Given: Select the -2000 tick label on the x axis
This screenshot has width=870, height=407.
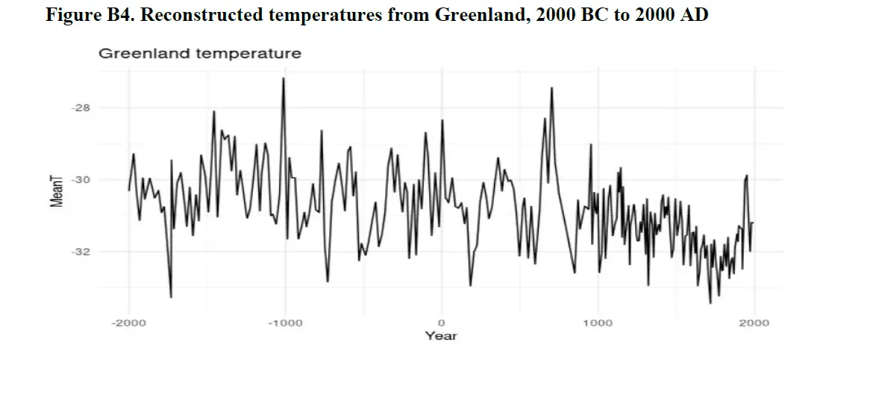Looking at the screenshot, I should [128, 323].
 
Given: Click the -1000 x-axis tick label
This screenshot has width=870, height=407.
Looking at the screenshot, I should [284, 323].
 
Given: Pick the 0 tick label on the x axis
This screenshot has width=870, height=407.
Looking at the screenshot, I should [441, 323].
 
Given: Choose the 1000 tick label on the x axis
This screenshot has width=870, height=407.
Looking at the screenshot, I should [597, 323].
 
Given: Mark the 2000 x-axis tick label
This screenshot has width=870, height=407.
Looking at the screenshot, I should [754, 323].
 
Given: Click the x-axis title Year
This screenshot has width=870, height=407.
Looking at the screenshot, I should [441, 336].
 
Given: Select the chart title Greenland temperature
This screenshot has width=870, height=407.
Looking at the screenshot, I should [200, 54].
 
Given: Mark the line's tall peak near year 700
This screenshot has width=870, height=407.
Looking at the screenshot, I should [551, 88].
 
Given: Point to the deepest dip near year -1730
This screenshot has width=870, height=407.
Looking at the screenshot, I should [171, 297].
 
